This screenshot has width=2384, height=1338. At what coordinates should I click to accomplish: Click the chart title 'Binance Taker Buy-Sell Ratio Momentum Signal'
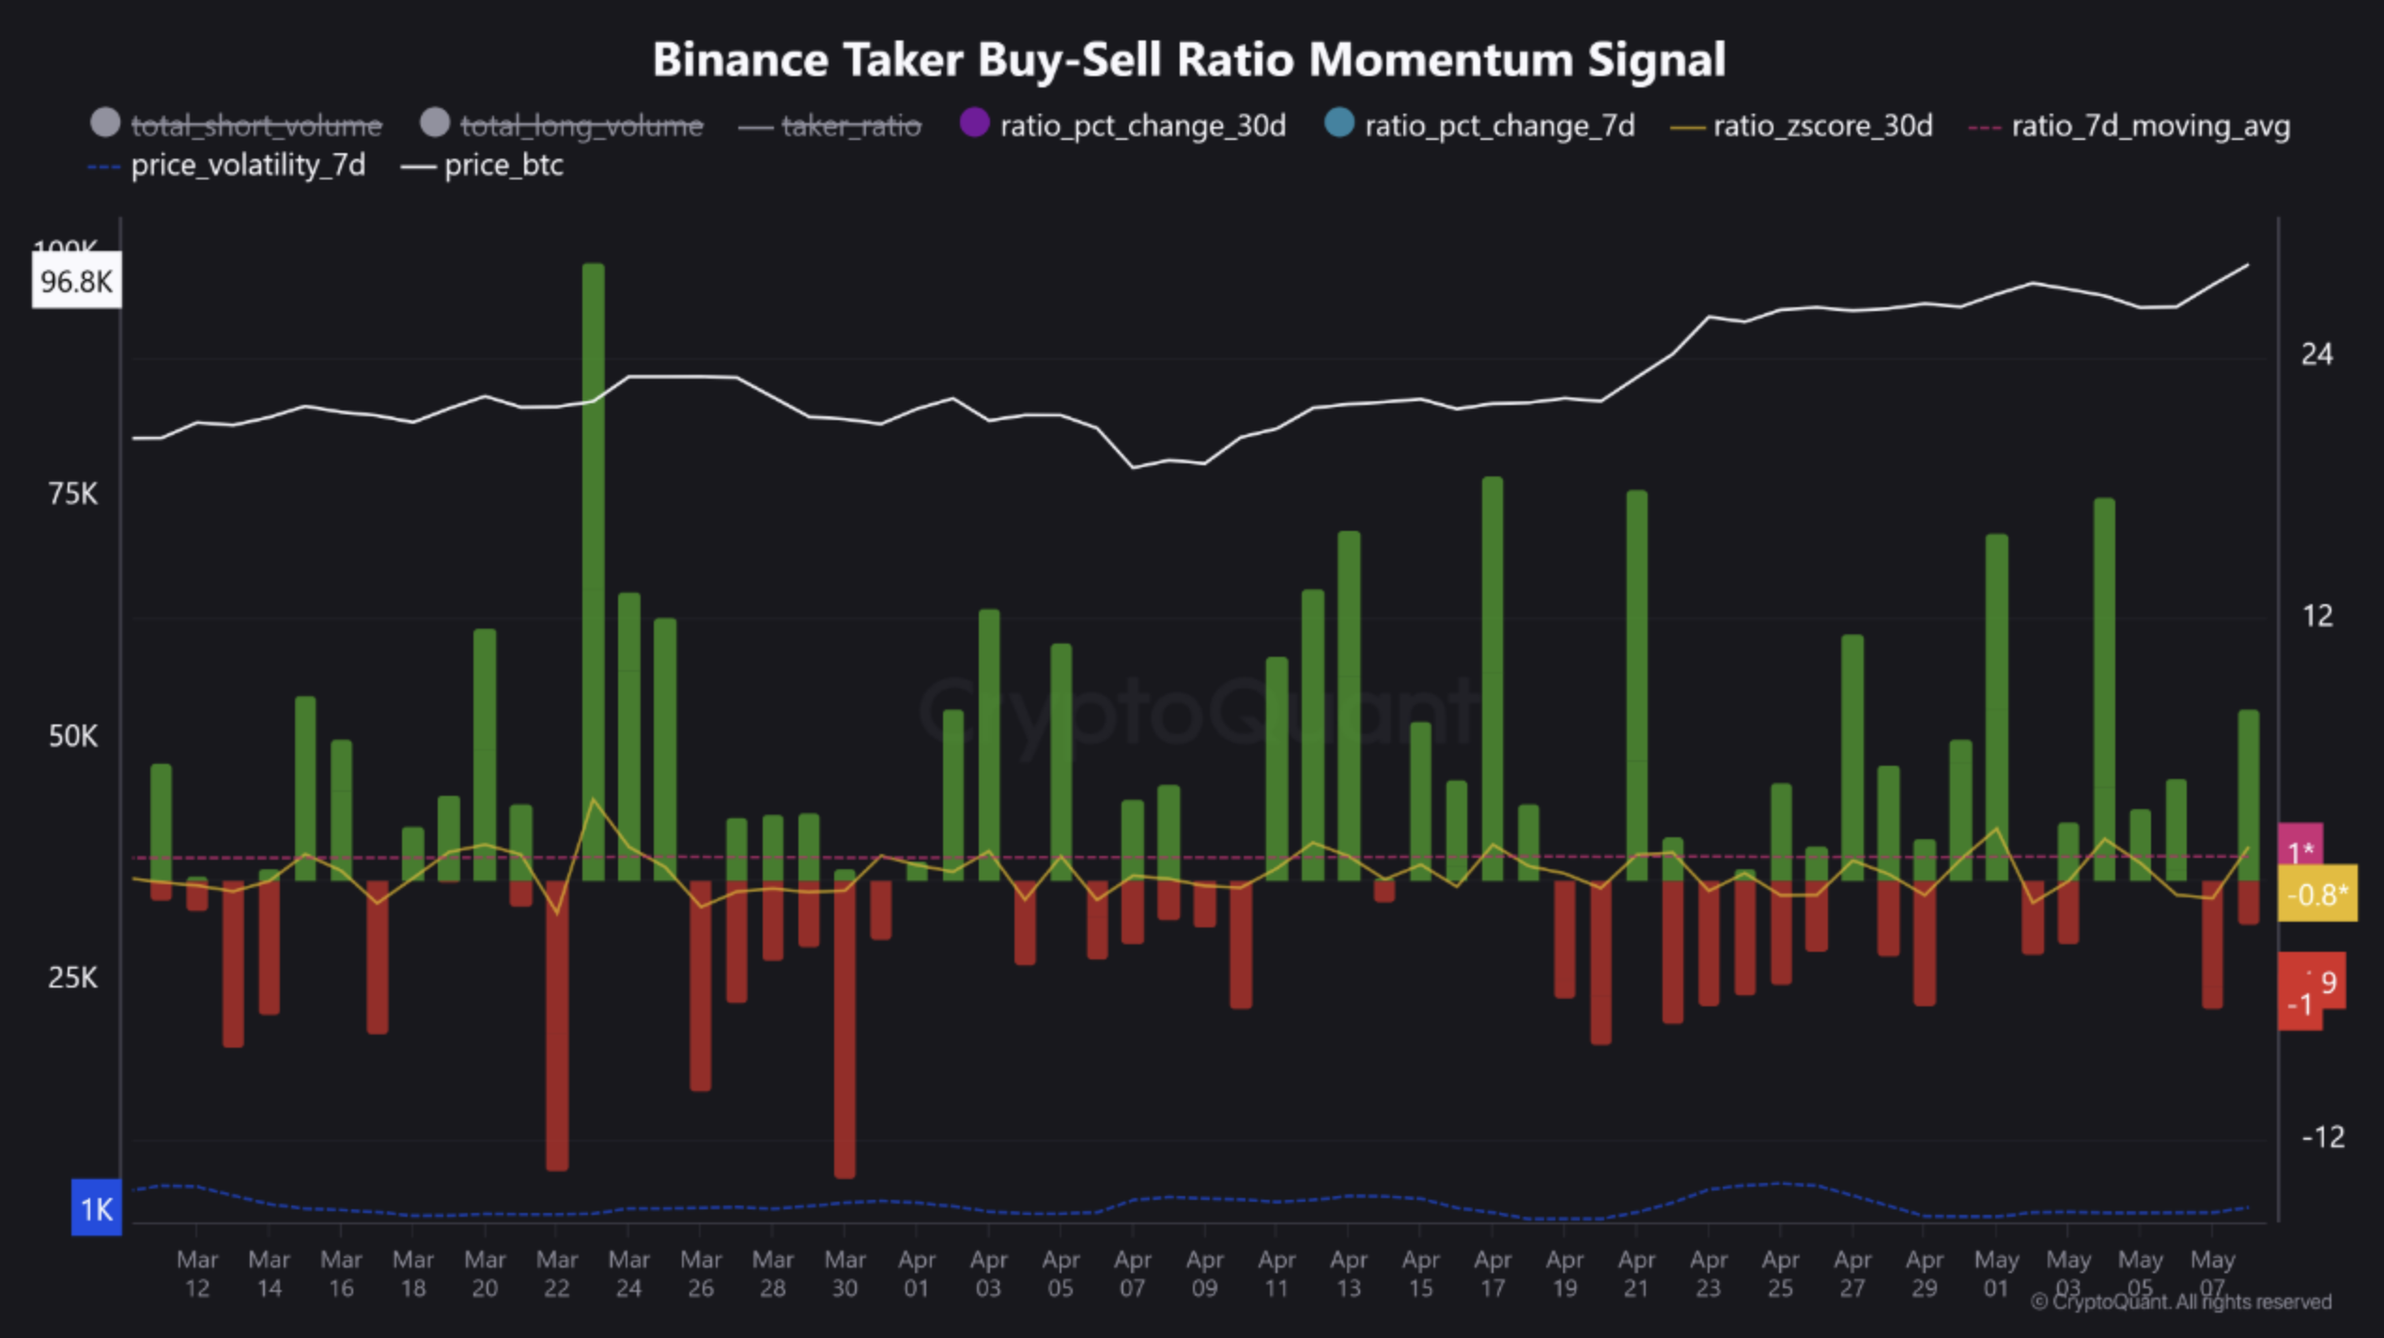[x=1189, y=60]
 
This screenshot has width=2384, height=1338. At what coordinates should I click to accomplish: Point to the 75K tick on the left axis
[x=72, y=493]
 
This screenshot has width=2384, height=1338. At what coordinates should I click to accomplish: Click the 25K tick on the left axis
[x=72, y=978]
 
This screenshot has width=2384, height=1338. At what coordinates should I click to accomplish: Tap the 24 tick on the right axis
[x=2316, y=354]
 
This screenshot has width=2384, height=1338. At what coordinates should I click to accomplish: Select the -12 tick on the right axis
[x=2322, y=1137]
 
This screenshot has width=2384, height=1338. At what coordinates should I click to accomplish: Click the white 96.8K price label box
[x=76, y=281]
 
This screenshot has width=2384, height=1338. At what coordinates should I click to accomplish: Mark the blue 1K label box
[x=97, y=1208]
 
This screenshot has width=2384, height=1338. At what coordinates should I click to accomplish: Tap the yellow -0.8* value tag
[x=2317, y=894]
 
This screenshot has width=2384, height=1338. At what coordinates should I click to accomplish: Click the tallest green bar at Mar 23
[x=594, y=564]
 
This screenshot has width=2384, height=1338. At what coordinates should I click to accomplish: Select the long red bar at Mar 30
[x=844, y=1029]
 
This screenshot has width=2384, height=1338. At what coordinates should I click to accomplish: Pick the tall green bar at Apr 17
[x=1493, y=677]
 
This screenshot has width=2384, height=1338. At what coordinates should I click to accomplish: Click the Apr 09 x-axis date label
[x=1204, y=1273]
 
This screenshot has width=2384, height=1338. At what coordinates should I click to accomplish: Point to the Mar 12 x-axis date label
[x=196, y=1273]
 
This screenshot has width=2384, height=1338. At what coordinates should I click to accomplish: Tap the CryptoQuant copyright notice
[x=2180, y=1302]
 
